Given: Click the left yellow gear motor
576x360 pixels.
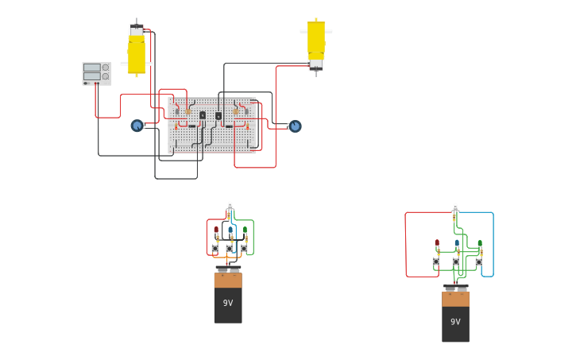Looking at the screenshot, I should pyautogui.click(x=137, y=52).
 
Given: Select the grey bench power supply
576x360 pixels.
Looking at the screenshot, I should pyautogui.click(x=96, y=73).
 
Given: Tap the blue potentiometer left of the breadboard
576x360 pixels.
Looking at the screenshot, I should pyautogui.click(x=137, y=126).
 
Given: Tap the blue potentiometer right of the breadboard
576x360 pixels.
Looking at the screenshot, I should pyautogui.click(x=295, y=126).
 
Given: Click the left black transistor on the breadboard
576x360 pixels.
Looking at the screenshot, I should pyautogui.click(x=203, y=115).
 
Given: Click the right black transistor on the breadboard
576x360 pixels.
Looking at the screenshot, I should pyautogui.click(x=218, y=115).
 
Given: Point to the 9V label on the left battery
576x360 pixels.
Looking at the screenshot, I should pyautogui.click(x=228, y=303).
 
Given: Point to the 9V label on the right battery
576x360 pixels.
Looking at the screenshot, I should pyautogui.click(x=455, y=322).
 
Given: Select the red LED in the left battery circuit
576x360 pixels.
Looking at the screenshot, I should pyautogui.click(x=216, y=230).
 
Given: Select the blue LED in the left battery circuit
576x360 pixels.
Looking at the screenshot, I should pyautogui.click(x=230, y=230).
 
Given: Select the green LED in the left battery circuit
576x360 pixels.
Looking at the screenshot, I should pyautogui.click(x=245, y=230).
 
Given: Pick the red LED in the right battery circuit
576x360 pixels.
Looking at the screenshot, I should pyautogui.click(x=437, y=243).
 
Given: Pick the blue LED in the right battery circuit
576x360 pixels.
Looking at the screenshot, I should pyautogui.click(x=457, y=243).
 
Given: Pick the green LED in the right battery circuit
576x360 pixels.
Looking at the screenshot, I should pyautogui.click(x=479, y=243).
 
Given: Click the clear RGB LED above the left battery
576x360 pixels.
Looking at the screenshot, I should pyautogui.click(x=230, y=205).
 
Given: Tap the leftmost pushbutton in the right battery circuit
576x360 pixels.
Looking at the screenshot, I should pyautogui.click(x=435, y=261).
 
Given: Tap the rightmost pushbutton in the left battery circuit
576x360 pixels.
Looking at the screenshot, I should pyautogui.click(x=244, y=248).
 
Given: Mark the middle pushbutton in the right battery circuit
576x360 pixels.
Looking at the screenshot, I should pyautogui.click(x=455, y=261).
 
